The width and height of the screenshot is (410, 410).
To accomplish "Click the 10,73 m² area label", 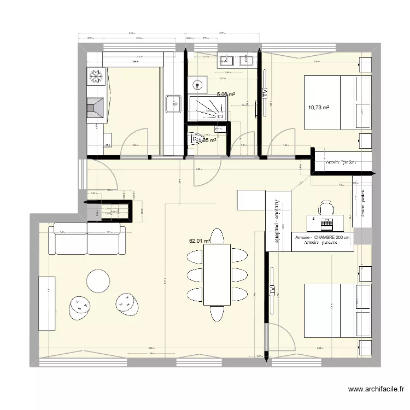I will [318, 108].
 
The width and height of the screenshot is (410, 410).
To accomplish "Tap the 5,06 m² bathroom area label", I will [226, 94].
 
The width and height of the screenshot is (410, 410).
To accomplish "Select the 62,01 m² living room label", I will [200, 239].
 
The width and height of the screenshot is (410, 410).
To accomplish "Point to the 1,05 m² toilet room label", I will [206, 140].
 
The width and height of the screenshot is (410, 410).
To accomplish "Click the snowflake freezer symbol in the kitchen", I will [96, 77].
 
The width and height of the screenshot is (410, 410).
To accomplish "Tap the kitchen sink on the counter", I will [173, 103].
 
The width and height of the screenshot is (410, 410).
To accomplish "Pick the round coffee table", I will [98, 281].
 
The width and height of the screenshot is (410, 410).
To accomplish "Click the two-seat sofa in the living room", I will [89, 238].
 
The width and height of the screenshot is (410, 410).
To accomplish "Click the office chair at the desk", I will [326, 207].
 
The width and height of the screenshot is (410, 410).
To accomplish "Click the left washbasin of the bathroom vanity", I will [226, 60].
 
